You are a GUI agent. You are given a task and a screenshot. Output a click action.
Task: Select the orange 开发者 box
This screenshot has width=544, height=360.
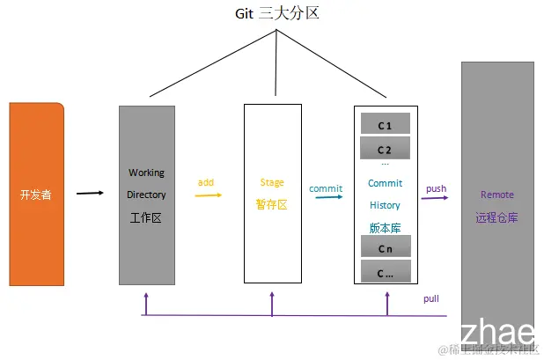pos(36,194)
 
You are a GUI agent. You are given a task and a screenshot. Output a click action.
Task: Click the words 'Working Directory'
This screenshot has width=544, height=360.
pos(146,183)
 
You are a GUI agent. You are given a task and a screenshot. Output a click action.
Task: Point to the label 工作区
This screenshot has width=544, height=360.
pos(146,217)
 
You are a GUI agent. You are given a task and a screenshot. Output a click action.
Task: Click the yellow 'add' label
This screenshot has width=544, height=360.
pos(206,182)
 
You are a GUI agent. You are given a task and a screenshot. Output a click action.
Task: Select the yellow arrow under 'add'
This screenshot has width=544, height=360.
pos(208,195)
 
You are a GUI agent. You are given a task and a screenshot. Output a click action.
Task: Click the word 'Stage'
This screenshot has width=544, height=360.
pos(272,182)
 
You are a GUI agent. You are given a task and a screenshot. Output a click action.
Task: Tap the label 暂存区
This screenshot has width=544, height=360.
pos(272,204)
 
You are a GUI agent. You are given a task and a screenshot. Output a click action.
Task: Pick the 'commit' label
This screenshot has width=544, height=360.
pos(326,187)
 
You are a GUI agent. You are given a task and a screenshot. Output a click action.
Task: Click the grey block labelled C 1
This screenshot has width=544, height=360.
pos(385,124)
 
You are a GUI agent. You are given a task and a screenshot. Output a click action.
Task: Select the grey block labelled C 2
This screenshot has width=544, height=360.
pos(385,148)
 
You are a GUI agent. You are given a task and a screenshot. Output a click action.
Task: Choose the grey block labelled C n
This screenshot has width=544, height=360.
pos(385,248)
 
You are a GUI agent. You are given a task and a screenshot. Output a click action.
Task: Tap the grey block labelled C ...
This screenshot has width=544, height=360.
pos(385,272)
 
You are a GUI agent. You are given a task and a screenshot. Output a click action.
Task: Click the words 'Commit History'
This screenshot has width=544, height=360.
pos(385,194)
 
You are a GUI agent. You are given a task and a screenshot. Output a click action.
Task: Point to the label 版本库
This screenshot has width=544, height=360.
pos(385,226)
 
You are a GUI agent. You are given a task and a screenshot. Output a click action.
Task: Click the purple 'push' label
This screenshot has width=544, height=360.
pos(437,188)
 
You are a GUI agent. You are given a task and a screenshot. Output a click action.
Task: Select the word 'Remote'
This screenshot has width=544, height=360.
pos(497,195)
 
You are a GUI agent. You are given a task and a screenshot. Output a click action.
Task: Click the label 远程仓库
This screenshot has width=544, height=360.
pos(497,217)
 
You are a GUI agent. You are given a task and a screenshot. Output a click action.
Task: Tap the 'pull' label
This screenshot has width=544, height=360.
pos(431,298)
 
